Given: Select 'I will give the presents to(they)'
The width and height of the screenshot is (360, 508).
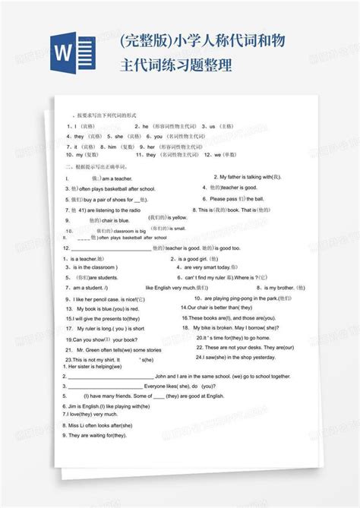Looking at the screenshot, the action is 106,318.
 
